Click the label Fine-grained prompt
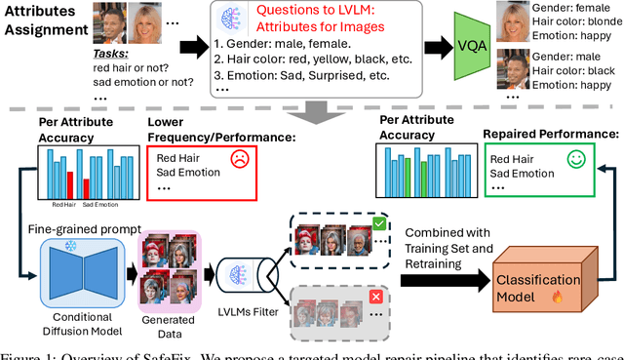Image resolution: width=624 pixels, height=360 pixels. click(x=74, y=227)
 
